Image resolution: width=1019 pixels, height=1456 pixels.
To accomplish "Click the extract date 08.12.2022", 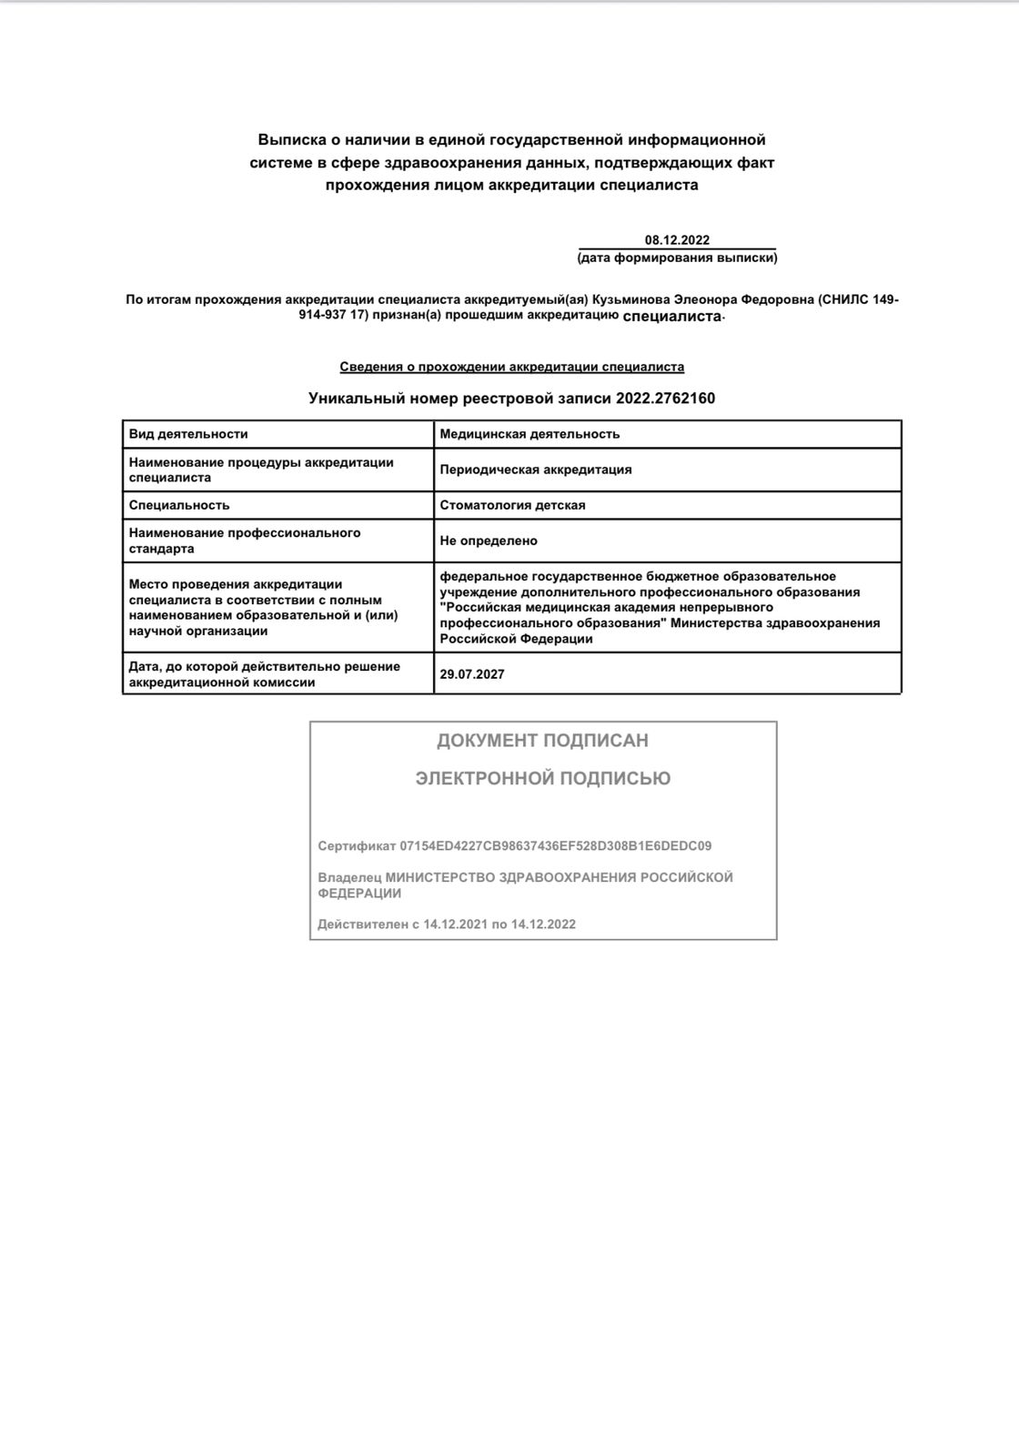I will click(x=677, y=240).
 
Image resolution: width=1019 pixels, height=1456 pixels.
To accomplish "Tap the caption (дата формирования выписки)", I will click(x=677, y=258).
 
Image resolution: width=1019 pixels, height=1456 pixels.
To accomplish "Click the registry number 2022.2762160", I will click(x=665, y=398).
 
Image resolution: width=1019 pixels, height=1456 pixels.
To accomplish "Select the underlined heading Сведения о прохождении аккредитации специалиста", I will click(x=511, y=367).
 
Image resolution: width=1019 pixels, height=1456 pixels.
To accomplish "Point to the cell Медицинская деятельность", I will click(x=530, y=434).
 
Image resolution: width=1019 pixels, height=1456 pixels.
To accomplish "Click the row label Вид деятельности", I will click(x=188, y=434).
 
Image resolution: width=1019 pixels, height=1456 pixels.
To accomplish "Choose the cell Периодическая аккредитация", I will click(x=535, y=470).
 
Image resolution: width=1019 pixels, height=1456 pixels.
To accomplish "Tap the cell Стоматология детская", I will click(x=512, y=505).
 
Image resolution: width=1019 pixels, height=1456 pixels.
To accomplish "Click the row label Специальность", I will click(x=179, y=505).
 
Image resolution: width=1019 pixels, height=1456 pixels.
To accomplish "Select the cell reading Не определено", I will click(x=489, y=541).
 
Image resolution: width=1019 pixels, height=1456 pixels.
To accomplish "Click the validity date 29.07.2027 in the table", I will click(x=471, y=674).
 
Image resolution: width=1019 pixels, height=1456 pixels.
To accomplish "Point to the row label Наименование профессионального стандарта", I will click(x=244, y=541).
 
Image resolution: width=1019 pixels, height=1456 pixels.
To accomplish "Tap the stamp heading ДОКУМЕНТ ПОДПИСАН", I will click(x=542, y=741).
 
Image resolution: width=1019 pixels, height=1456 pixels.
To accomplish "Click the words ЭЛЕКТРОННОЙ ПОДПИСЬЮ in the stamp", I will click(x=542, y=778).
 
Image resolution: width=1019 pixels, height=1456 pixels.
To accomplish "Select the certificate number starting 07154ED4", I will click(x=555, y=845).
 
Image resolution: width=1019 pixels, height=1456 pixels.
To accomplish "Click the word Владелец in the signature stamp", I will click(x=349, y=877).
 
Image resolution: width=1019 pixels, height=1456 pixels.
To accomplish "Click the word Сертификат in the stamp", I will click(x=356, y=845).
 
